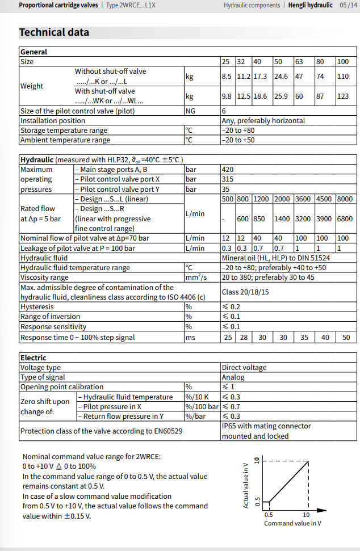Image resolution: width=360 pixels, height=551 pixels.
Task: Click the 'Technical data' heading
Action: coord(54,32)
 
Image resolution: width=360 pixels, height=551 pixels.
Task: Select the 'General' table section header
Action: coord(34,52)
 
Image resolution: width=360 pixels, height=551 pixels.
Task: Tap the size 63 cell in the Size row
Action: coord(299,61)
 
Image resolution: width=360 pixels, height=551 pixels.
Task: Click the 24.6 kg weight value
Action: coord(281,76)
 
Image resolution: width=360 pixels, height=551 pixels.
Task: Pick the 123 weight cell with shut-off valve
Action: coord(343,96)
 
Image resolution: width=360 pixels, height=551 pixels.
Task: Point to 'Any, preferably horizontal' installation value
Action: coord(263,120)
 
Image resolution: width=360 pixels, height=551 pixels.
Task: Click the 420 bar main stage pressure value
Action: coord(228,169)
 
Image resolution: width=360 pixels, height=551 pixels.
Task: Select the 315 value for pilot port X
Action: coord(228,179)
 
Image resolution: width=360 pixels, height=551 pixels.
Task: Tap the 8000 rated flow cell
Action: coord(344,199)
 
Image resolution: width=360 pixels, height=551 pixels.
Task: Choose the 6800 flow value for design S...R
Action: coord(344,218)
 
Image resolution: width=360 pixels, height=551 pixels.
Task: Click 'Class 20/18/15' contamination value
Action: coord(245,292)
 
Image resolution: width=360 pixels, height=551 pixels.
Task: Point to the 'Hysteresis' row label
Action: coord(39,306)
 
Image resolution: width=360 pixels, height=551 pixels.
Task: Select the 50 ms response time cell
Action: coord(346,337)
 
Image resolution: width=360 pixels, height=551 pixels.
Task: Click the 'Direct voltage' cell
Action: coord(244,367)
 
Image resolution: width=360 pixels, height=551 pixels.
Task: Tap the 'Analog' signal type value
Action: coord(233,377)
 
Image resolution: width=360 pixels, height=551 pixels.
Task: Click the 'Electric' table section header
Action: coord(34,357)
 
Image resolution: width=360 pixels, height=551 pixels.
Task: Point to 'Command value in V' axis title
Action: coord(292,523)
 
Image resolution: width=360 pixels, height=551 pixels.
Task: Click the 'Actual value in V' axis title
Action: coord(246,484)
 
